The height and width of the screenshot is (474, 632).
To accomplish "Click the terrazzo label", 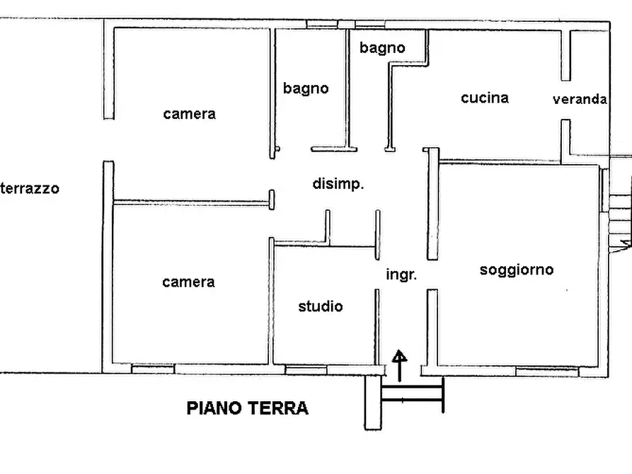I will pyautogui.click(x=30, y=189).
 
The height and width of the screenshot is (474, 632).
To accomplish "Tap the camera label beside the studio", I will pyautogui.click(x=188, y=282).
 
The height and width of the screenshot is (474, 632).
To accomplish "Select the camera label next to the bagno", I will pyautogui.click(x=189, y=114).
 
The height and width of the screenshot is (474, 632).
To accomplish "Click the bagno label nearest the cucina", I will pyautogui.click(x=382, y=48).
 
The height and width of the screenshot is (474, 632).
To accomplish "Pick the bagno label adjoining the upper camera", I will pyautogui.click(x=306, y=88).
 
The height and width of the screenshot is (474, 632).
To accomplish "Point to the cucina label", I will pyautogui.click(x=485, y=98).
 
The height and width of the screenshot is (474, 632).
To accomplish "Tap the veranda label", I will pyautogui.click(x=580, y=100).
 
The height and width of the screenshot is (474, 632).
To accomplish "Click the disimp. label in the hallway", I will pyautogui.click(x=338, y=185).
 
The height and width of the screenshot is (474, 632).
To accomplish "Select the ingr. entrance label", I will pyautogui.click(x=401, y=274).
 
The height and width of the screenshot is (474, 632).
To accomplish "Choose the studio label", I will pyautogui.click(x=320, y=306).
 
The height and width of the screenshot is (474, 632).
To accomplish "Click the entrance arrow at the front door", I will pyautogui.click(x=400, y=365).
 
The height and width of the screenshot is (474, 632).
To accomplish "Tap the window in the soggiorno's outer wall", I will pyautogui.click(x=546, y=370).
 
